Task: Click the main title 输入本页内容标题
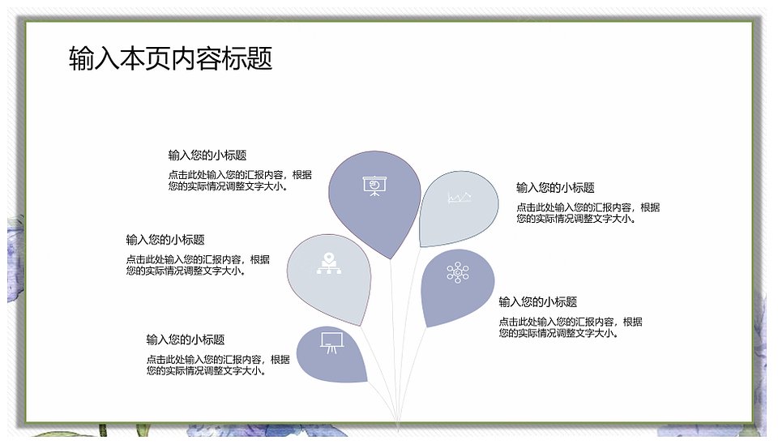pyautogui.click(x=171, y=58)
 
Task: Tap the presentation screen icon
pyautogui.click(x=374, y=186)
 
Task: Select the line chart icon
pyautogui.click(x=460, y=198)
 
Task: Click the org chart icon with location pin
pyautogui.click(x=329, y=263)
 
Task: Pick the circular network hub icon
pyautogui.click(x=457, y=272)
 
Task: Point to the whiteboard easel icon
pyautogui.click(x=331, y=342)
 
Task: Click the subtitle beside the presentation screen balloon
pyautogui.click(x=207, y=156)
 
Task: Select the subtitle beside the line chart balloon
pyautogui.click(x=555, y=187)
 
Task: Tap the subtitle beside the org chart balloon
pyautogui.click(x=165, y=240)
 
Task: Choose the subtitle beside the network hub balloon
pyautogui.click(x=538, y=301)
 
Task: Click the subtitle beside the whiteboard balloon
pyautogui.click(x=186, y=339)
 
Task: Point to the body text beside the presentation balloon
pyautogui.click(x=240, y=181)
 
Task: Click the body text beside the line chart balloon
pyautogui.click(x=588, y=213)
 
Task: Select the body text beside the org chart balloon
pyautogui.click(x=198, y=265)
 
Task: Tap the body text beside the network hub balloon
pyautogui.click(x=571, y=327)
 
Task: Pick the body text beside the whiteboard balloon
pyautogui.click(x=218, y=365)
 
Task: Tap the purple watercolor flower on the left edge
pyautogui.click(x=15, y=258)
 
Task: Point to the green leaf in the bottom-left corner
pyautogui.click(x=65, y=433)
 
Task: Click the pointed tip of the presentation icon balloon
pyautogui.click(x=391, y=258)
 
